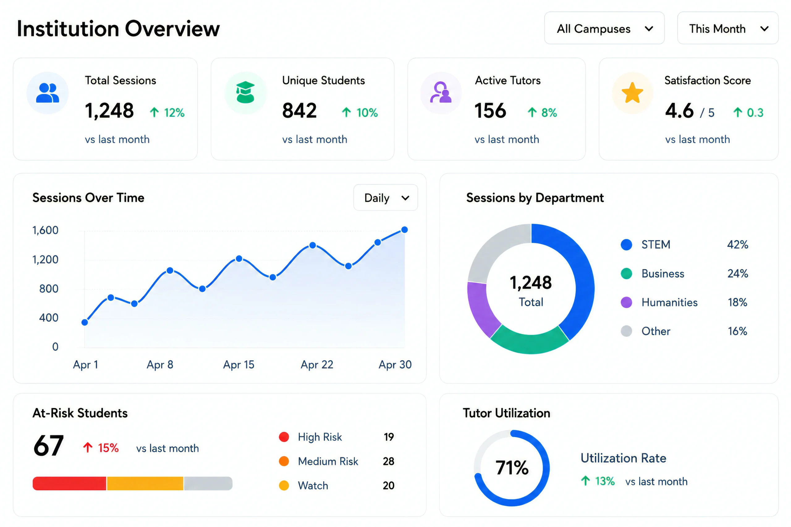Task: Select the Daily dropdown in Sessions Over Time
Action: pos(385,198)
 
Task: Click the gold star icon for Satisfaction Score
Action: pos(632,93)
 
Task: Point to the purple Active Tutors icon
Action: pos(441,92)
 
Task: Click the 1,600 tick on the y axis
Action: pos(45,230)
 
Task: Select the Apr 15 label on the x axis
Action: pos(239,365)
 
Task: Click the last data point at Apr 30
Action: pos(404,230)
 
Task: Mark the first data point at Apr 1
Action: pos(85,323)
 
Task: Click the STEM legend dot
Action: pos(626,245)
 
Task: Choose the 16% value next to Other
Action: pos(738,331)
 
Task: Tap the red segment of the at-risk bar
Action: pos(69,483)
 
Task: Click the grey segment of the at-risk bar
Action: pos(208,483)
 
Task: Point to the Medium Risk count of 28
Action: pos(388,462)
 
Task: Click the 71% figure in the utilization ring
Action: pos(512,468)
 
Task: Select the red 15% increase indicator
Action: pos(101,448)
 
